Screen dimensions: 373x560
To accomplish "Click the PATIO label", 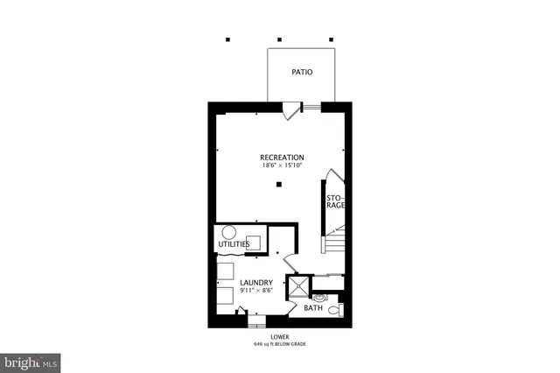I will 302,74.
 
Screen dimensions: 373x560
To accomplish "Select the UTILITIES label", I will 235,244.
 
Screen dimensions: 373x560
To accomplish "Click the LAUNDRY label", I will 245,282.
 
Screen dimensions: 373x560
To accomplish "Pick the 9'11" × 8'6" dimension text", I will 245,291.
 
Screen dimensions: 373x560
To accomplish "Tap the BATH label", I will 313,308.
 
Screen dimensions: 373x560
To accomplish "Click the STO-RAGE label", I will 335,202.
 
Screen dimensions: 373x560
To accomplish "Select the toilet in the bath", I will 340,308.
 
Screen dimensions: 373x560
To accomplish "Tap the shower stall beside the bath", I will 299,285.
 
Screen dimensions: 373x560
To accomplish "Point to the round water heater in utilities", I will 229,232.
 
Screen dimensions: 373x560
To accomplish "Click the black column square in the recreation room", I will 278,184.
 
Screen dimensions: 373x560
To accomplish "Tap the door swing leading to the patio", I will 291,110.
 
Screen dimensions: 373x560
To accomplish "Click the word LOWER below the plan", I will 280,335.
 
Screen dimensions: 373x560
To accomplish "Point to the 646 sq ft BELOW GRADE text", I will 280,343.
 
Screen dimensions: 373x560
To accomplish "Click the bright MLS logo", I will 31,361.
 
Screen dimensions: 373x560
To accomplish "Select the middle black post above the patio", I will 279,39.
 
